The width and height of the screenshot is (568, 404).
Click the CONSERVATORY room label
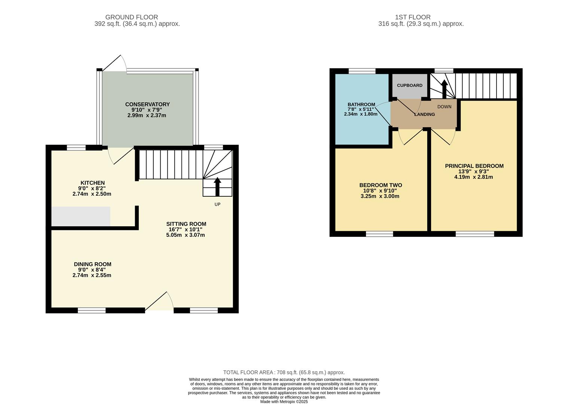click(147, 104)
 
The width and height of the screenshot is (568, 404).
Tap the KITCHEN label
click(92, 183)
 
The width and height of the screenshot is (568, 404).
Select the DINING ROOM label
click(92, 264)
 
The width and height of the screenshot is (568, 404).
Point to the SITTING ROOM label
click(186, 224)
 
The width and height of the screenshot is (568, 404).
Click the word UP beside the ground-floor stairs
click(217, 205)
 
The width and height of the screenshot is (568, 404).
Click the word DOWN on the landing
click(444, 107)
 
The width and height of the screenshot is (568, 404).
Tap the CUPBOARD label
click(409, 85)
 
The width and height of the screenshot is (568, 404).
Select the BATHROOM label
click(361, 104)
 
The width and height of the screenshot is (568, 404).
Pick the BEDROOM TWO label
click(381, 185)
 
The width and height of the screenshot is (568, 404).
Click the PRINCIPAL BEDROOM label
click(474, 166)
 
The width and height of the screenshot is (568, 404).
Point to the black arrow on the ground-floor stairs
click(217, 187)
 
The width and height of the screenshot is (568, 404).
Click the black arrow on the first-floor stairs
click(444, 89)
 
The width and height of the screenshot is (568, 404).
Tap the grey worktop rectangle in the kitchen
click(81, 216)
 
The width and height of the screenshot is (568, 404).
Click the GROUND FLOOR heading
click(132, 17)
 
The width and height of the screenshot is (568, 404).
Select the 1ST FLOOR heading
click(413, 17)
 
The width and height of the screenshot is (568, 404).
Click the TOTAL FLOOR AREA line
click(284, 372)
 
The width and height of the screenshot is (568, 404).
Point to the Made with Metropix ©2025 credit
click(284, 402)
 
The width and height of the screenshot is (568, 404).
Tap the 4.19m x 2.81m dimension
click(473, 177)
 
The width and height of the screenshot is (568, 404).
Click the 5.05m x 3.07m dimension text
click(185, 235)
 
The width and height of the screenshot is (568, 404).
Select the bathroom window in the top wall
click(362, 71)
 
